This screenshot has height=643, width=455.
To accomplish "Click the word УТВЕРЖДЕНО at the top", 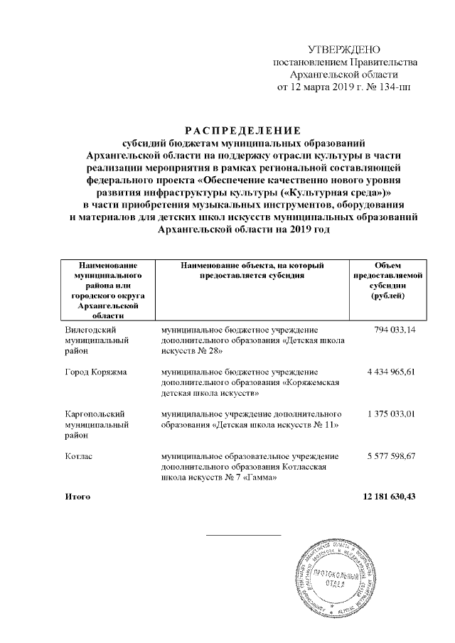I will point(343,49).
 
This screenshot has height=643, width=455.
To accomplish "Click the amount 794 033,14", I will point(391,330).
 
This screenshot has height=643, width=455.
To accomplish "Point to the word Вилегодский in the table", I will point(90,330).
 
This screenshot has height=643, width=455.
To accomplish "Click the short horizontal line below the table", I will point(243,534).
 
